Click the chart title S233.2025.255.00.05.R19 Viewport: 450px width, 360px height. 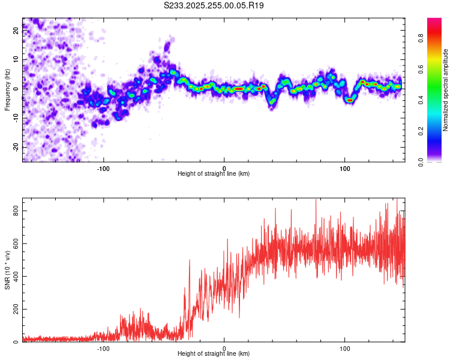coord(214,5)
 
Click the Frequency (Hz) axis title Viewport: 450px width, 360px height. coord(7,90)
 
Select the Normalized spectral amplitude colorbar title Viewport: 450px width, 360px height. coord(446,90)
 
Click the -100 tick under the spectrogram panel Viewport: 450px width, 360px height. coord(103,167)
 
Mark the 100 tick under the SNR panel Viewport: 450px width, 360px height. coord(345,347)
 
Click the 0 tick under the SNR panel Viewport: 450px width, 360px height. coord(224,347)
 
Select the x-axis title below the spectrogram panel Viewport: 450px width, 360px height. coord(214,174)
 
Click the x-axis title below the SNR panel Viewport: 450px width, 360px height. coord(214,354)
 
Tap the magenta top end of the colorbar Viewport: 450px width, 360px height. coord(434,20)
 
